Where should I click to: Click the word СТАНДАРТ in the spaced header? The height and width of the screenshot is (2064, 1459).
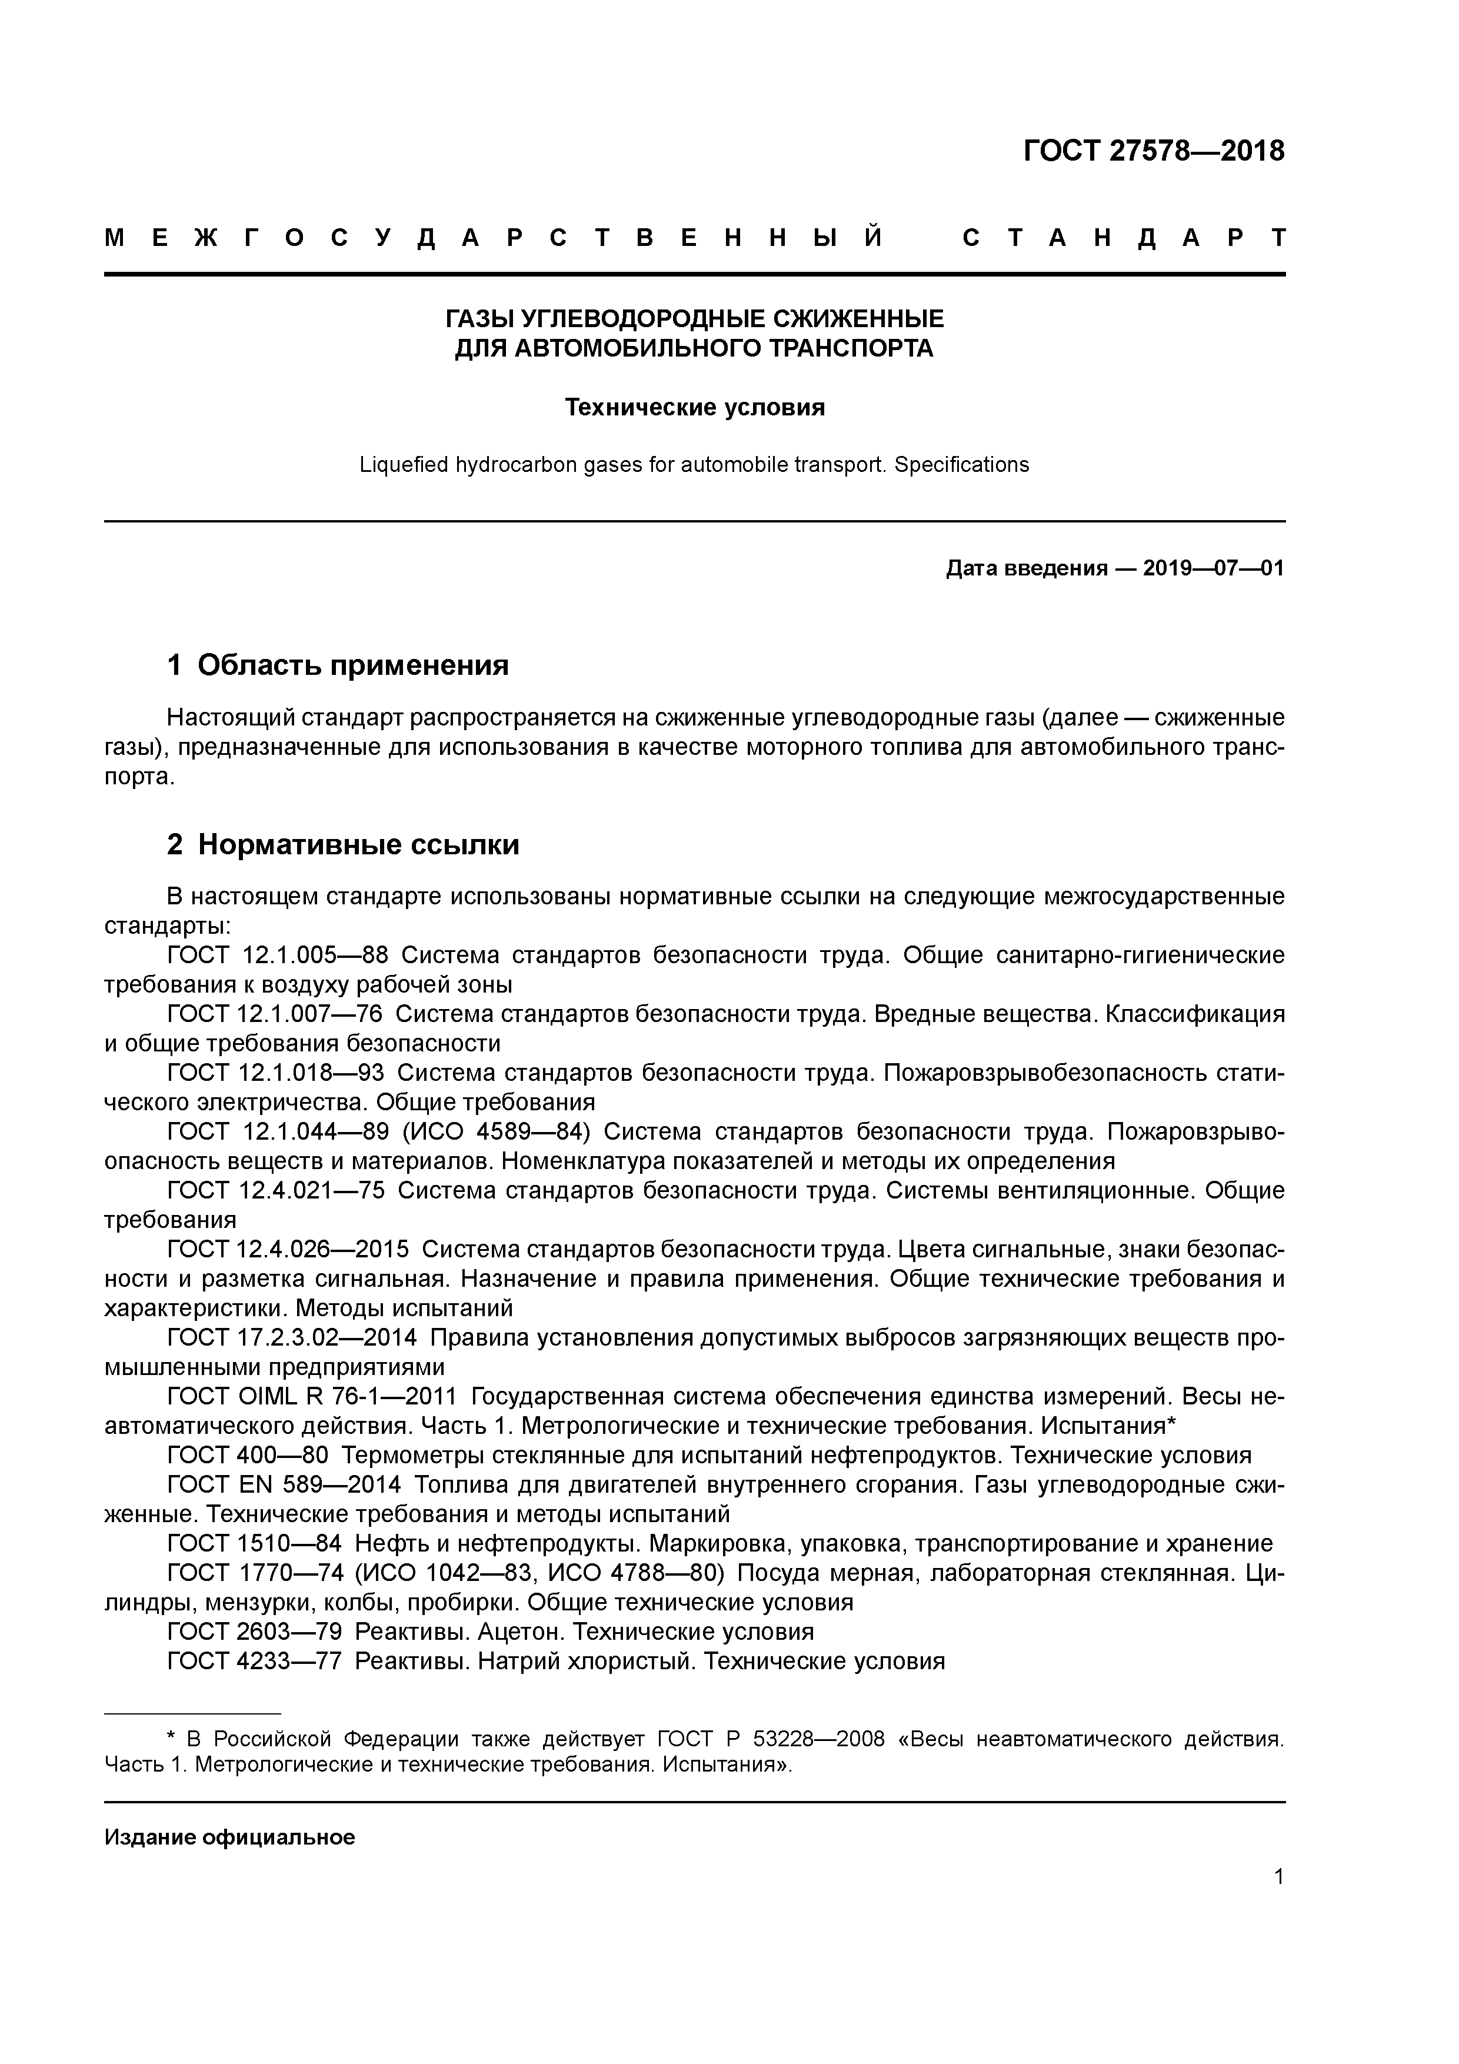[x=1124, y=238]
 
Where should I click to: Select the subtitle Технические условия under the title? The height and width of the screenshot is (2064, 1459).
[x=694, y=408]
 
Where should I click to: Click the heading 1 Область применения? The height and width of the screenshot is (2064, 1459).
[x=338, y=665]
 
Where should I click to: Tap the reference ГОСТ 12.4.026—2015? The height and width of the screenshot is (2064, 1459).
[x=288, y=1250]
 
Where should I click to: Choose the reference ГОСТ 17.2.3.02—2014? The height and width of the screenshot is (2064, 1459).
[x=292, y=1337]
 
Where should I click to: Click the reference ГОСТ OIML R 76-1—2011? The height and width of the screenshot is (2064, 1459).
[x=312, y=1397]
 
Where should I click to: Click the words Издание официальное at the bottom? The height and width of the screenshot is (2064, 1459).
[x=229, y=1837]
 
